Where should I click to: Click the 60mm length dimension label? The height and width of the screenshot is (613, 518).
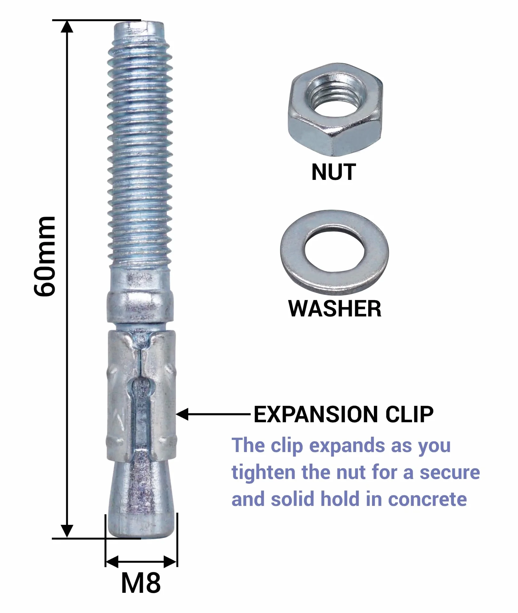pos(45,256)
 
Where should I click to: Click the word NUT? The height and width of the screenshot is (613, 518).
pos(334,172)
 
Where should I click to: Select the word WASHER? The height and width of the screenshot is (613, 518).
pos(335,308)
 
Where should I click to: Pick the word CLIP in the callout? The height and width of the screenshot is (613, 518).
pos(409,415)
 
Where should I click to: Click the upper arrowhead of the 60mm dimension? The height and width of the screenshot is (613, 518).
pos(67,26)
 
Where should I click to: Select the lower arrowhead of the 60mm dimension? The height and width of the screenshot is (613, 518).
pos(67,531)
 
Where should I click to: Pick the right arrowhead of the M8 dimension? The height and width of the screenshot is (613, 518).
pos(170,562)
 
